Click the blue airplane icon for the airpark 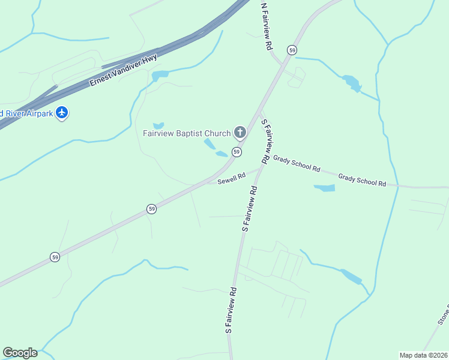(62, 112)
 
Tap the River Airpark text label (27, 113)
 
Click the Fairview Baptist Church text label (186, 133)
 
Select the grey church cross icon (240, 132)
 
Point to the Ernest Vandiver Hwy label (123, 70)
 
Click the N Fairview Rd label (266, 26)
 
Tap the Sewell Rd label (232, 178)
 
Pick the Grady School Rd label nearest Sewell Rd (297, 163)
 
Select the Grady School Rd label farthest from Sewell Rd (361, 181)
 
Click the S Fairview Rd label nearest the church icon (268, 141)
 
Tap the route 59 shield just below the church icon (237, 152)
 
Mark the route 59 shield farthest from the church (55, 257)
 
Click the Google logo (20, 353)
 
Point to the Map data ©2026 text (423, 355)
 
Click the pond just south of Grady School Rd (324, 188)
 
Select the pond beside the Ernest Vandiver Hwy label (160, 76)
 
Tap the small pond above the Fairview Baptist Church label (158, 125)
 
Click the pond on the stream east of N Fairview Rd (351, 83)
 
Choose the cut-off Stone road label (443, 316)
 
